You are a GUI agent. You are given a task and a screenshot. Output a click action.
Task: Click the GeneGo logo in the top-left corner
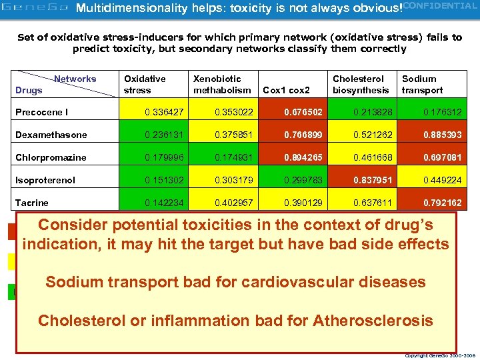35,9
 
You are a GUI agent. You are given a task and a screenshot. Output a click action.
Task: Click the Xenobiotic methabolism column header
222,85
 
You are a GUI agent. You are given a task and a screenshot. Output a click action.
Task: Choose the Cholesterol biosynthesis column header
361,85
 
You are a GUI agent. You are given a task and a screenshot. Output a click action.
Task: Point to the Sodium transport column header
422,85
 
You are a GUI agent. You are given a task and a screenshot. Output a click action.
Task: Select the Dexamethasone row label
51,135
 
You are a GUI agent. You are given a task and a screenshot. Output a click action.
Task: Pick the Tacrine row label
31,203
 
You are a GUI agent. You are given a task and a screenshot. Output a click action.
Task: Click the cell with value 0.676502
291,112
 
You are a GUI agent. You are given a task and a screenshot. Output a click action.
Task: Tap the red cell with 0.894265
291,157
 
